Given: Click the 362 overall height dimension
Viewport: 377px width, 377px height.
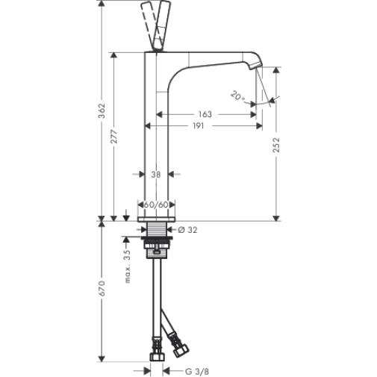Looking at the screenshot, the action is (x=102, y=110).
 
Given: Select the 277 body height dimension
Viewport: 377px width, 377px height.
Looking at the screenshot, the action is (x=113, y=136).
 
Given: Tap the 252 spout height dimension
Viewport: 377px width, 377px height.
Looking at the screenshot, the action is (x=275, y=145).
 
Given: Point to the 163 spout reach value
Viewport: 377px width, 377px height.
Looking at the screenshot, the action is (x=205, y=114).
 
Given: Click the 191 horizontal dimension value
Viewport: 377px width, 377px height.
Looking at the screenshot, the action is (x=199, y=125).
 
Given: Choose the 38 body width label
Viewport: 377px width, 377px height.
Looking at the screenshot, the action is (x=156, y=175).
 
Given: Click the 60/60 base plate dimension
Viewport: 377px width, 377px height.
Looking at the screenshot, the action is (x=156, y=205).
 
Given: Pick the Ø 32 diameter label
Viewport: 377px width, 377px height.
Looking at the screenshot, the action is (x=187, y=230).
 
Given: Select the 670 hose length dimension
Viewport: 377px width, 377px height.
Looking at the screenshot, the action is (x=102, y=288).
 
